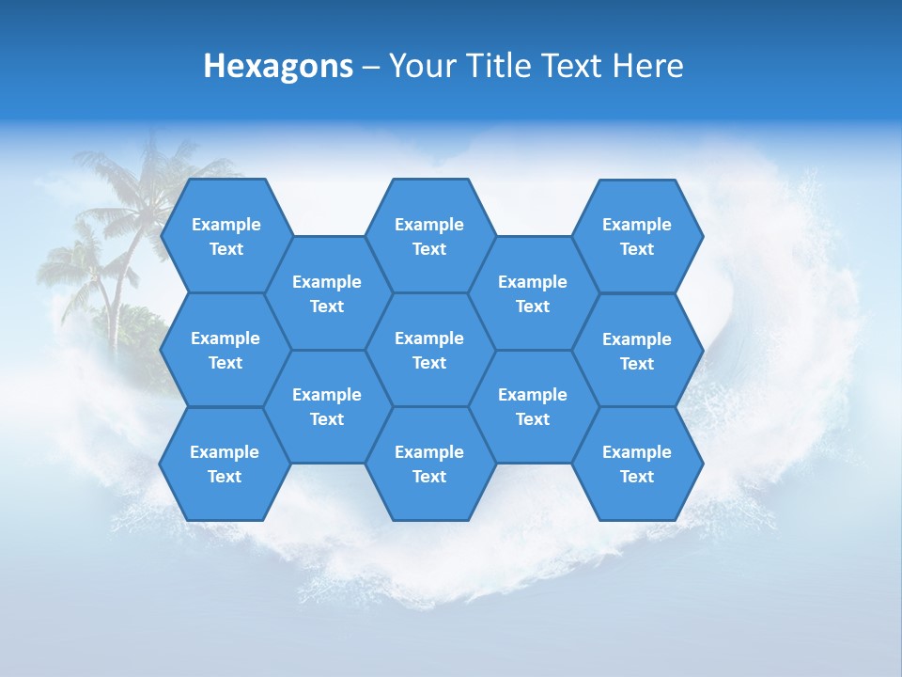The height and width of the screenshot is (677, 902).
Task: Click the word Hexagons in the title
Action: [278, 66]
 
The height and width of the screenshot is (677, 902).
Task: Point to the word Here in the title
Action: [647, 66]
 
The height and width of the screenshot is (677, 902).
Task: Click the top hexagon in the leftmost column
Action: [225, 236]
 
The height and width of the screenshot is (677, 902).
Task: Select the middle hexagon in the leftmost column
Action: [225, 350]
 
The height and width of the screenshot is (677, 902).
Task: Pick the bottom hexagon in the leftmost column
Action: [225, 464]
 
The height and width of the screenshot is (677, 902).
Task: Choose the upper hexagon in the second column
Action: [327, 293]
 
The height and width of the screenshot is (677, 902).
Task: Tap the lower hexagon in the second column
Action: [327, 406]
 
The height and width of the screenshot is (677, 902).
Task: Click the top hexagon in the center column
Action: [429, 236]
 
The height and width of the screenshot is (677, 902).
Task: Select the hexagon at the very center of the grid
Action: [429, 350]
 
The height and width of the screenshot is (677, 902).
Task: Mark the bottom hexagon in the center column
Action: [429, 464]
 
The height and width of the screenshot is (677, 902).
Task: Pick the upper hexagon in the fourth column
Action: [533, 293]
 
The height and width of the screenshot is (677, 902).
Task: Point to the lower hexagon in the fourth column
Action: [533, 406]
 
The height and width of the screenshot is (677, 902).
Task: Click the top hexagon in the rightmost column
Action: [637, 236]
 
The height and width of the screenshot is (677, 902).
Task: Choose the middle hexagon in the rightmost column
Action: [637, 351]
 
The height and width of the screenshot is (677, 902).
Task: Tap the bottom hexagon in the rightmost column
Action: [637, 464]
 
